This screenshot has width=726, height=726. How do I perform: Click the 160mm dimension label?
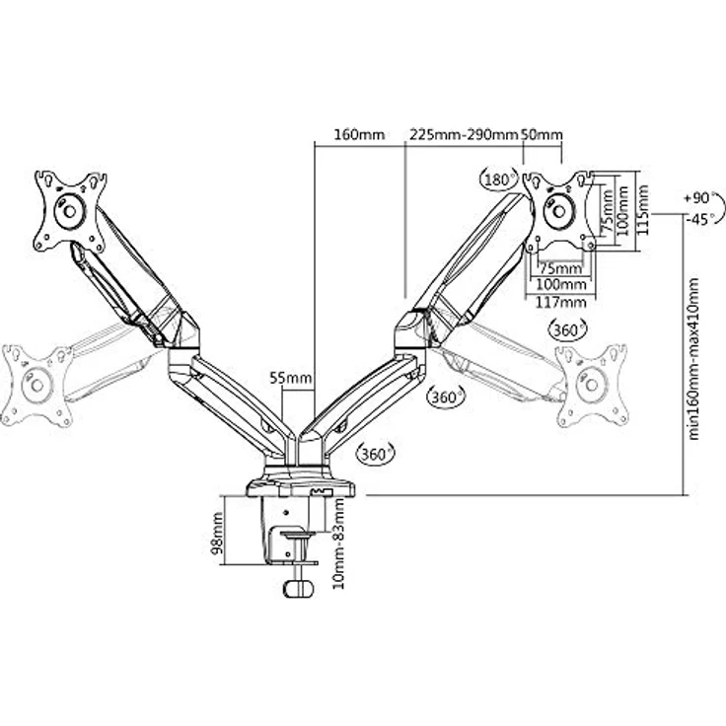click(359, 135)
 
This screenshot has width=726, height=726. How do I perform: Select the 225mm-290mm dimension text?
click(463, 135)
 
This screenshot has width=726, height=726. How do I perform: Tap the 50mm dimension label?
click(543, 135)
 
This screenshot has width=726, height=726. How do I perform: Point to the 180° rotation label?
click(499, 180)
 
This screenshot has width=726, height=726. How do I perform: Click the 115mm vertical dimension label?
click(642, 210)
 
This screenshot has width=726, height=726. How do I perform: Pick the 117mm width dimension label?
click(560, 303)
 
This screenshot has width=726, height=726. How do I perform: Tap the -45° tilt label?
click(698, 219)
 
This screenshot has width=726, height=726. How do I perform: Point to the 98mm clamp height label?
click(217, 533)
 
